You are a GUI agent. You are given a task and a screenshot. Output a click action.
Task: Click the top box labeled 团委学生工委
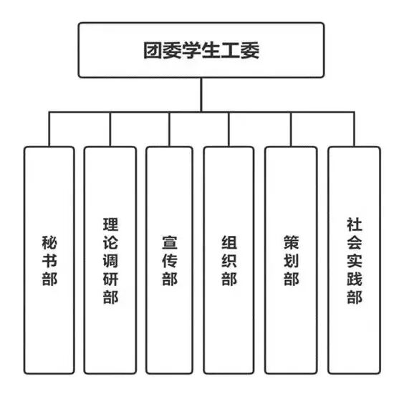[x=201, y=50]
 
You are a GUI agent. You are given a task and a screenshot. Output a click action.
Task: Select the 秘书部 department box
[x=49, y=260]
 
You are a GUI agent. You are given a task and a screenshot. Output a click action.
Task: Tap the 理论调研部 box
[x=110, y=260]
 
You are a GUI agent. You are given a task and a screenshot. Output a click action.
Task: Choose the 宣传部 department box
[x=169, y=260]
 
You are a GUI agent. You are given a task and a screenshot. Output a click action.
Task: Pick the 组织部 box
[x=229, y=260]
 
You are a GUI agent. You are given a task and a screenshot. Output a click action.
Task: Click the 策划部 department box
[x=291, y=260]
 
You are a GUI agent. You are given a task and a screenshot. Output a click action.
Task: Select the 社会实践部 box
[x=355, y=260]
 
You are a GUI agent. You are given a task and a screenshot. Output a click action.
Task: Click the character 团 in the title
[x=153, y=50]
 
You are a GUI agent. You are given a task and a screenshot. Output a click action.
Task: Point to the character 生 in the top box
[x=211, y=50]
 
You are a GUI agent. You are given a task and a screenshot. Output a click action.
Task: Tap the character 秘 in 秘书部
[x=49, y=242]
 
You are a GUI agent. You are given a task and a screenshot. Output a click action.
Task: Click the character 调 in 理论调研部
[x=110, y=260]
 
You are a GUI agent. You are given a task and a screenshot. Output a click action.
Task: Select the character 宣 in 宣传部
[x=170, y=242]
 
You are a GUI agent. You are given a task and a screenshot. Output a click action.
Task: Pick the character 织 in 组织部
[x=229, y=260]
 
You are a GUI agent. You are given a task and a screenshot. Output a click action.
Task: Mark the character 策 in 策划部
[x=292, y=242]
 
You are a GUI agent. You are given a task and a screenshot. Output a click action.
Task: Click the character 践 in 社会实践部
[x=355, y=279]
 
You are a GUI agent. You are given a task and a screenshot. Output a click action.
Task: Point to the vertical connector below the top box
[x=201, y=94]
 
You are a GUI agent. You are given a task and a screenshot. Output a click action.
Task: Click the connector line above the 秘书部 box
[x=49, y=129]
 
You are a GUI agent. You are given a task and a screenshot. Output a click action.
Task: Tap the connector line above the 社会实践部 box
[x=354, y=129]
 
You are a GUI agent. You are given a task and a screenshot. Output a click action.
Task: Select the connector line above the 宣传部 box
[x=169, y=129]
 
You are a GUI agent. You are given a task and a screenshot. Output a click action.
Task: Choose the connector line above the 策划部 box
[x=291, y=129]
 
